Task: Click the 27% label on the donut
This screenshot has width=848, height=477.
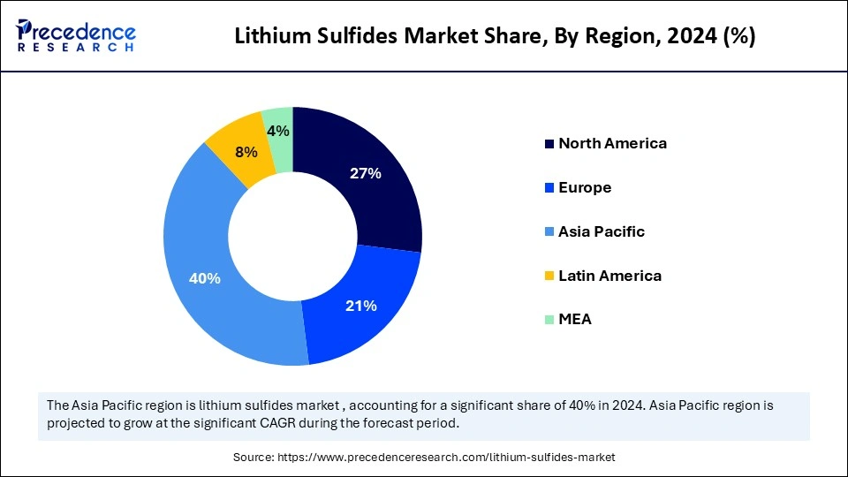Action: (x=365, y=174)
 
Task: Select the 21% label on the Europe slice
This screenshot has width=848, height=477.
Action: (x=360, y=306)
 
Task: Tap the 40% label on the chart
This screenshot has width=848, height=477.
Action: (x=205, y=278)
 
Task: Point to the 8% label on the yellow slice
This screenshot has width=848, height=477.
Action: (x=246, y=152)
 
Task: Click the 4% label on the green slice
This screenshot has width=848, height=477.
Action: (x=279, y=132)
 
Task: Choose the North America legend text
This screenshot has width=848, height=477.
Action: (x=612, y=143)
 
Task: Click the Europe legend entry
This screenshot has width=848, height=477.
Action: (x=585, y=187)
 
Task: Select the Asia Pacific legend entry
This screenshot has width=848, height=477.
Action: (x=602, y=231)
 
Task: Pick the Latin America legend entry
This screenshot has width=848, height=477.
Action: (x=609, y=276)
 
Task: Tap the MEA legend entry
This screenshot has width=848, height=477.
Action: (x=575, y=319)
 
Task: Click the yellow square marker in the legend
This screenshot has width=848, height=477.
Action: (x=549, y=276)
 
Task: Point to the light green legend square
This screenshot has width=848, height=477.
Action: (x=549, y=320)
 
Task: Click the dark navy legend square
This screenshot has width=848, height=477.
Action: (x=549, y=144)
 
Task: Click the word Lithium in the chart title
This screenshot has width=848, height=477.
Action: (x=267, y=38)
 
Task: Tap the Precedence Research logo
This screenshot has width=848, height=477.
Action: (x=76, y=36)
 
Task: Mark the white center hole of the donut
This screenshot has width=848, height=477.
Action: (x=292, y=236)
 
